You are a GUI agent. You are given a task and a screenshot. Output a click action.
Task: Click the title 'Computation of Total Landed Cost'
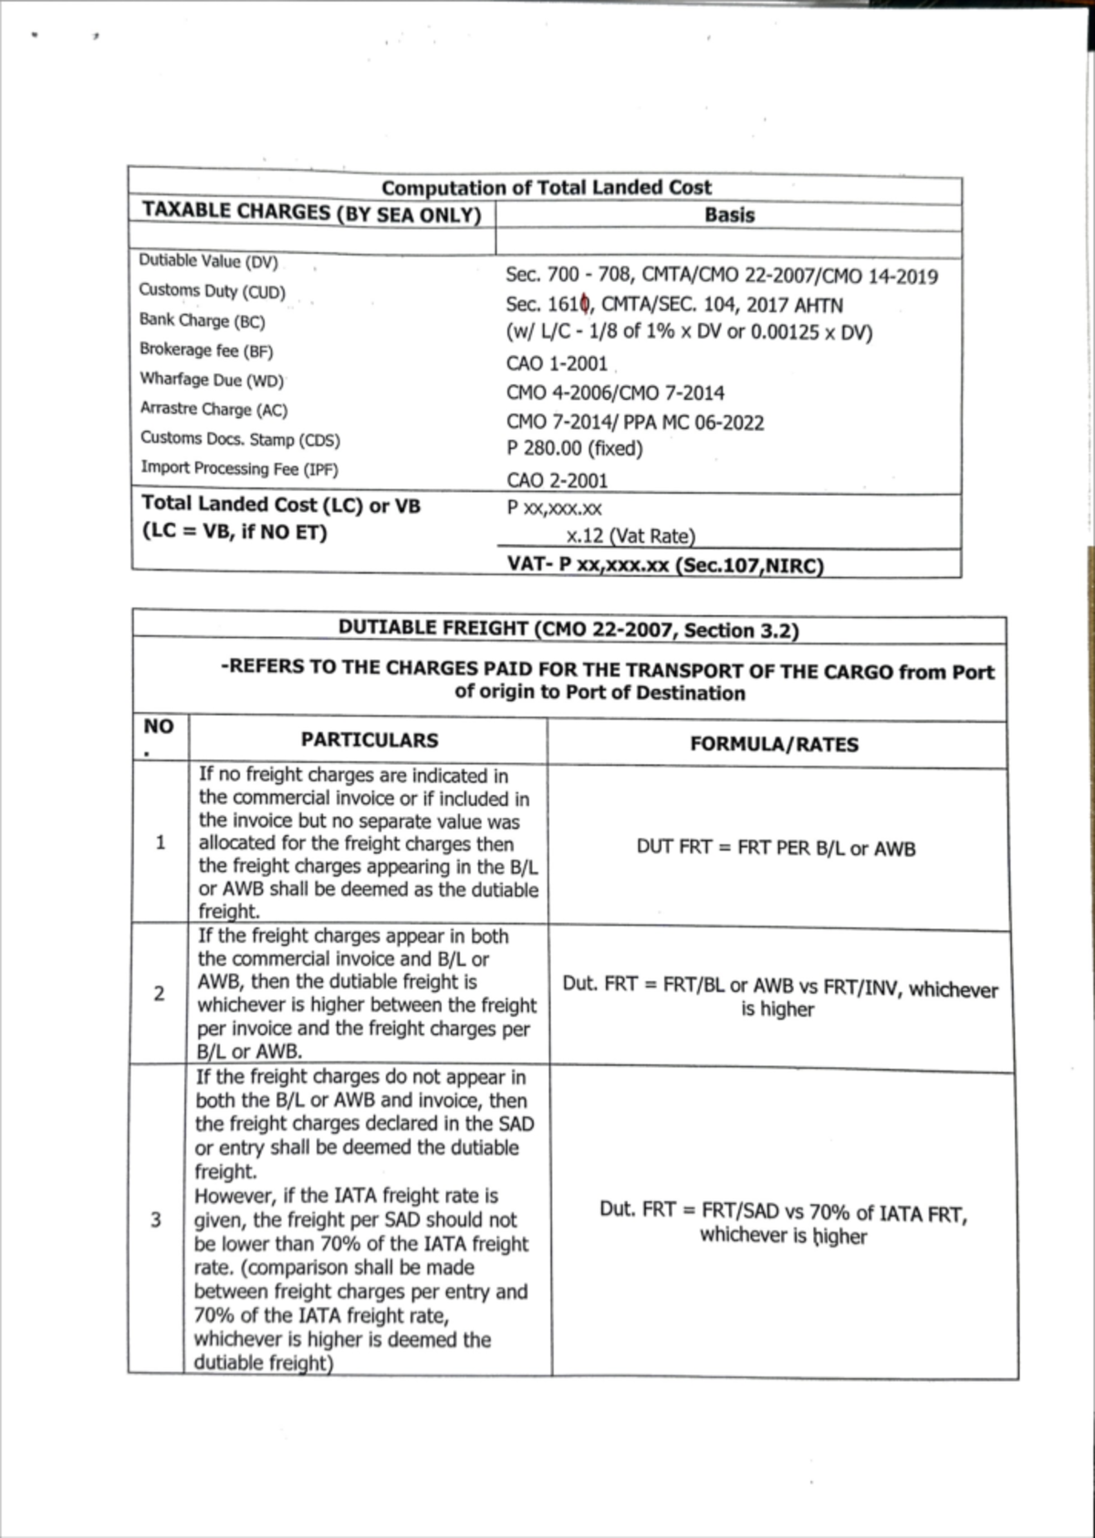(546, 188)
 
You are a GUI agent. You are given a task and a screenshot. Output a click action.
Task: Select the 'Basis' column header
(729, 215)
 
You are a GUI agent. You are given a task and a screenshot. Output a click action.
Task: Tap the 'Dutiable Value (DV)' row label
(208, 261)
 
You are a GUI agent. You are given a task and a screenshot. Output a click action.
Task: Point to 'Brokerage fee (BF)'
(206, 350)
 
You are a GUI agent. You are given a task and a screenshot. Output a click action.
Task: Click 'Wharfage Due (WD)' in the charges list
(212, 380)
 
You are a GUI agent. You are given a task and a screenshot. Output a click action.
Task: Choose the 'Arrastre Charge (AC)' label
(214, 410)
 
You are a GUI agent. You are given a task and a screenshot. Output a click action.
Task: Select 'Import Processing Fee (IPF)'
(239, 468)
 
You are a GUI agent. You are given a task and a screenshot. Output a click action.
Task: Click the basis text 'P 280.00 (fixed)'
(575, 449)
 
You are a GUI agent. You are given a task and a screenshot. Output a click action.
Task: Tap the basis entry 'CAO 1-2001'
(557, 363)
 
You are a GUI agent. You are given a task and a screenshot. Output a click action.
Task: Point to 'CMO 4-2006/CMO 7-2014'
(615, 393)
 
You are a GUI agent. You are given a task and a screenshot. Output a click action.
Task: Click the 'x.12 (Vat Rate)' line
(630, 536)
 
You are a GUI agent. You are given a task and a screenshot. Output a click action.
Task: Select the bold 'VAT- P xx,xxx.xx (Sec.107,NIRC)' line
(665, 564)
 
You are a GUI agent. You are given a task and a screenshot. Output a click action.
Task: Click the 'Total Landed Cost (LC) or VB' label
(281, 505)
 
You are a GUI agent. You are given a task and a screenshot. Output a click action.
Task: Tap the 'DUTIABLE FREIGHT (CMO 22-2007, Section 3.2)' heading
(568, 629)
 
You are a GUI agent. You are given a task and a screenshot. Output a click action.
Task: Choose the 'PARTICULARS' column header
(370, 740)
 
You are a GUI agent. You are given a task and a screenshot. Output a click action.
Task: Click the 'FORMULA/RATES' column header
(774, 744)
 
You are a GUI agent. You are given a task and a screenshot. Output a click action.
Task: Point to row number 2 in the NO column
(159, 993)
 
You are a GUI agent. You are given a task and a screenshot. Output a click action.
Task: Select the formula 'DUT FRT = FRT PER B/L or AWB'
(776, 848)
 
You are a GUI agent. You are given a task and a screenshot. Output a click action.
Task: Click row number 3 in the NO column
(156, 1220)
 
